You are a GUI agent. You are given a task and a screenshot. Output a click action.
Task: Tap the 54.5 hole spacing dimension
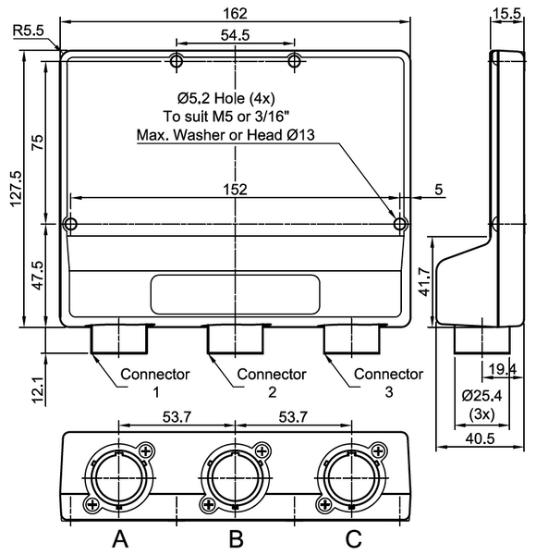[x=235, y=34]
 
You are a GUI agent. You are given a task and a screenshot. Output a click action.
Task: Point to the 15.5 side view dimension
[x=506, y=13]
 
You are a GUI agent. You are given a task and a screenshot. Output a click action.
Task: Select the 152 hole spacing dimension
[x=235, y=189]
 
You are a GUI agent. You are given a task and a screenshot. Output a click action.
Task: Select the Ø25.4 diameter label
[x=481, y=396]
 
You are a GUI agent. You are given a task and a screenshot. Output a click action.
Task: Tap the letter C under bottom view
[x=353, y=537]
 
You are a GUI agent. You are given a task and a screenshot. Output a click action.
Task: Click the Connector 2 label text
[x=272, y=383]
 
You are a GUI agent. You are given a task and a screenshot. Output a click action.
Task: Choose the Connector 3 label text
[x=389, y=383]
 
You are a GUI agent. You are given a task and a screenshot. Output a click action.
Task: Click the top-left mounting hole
[x=177, y=61]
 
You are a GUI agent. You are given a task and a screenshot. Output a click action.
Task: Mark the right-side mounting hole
[x=400, y=224]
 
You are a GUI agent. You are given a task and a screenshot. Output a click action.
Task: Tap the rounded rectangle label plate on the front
[x=235, y=293]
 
